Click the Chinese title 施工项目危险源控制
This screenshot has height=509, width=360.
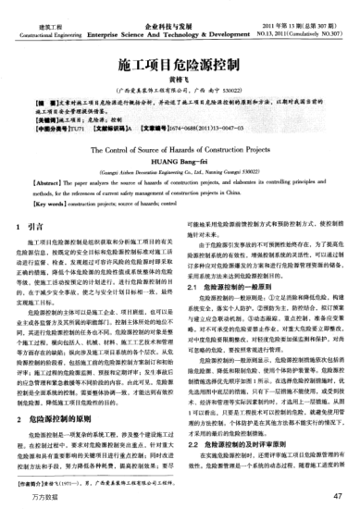pyautogui.click(x=180, y=68)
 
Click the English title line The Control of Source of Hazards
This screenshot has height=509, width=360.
pyautogui.click(x=180, y=170)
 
